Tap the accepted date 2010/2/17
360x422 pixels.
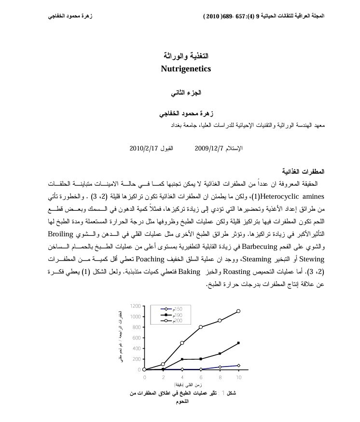145,148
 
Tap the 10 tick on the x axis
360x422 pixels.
238,377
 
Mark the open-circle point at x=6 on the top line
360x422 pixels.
201,327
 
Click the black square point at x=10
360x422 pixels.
238,343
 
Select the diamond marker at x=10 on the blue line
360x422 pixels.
238,366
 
